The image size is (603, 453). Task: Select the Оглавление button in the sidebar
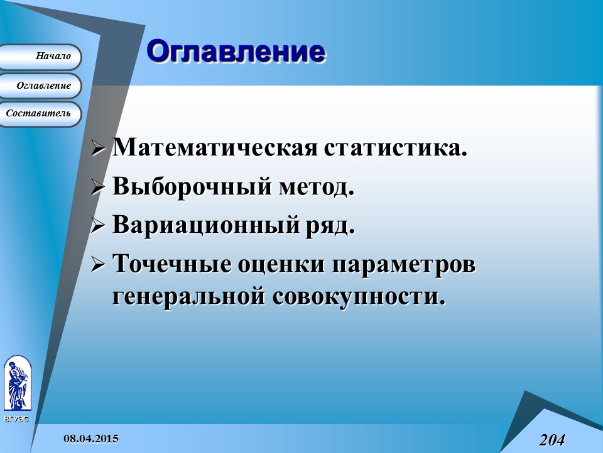(x=41, y=86)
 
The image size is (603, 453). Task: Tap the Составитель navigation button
(x=39, y=114)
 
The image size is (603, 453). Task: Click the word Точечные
(x=170, y=265)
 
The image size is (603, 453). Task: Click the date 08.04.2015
(x=90, y=438)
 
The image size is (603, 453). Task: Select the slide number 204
(x=551, y=440)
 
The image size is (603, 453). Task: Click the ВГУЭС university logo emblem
(x=17, y=383)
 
